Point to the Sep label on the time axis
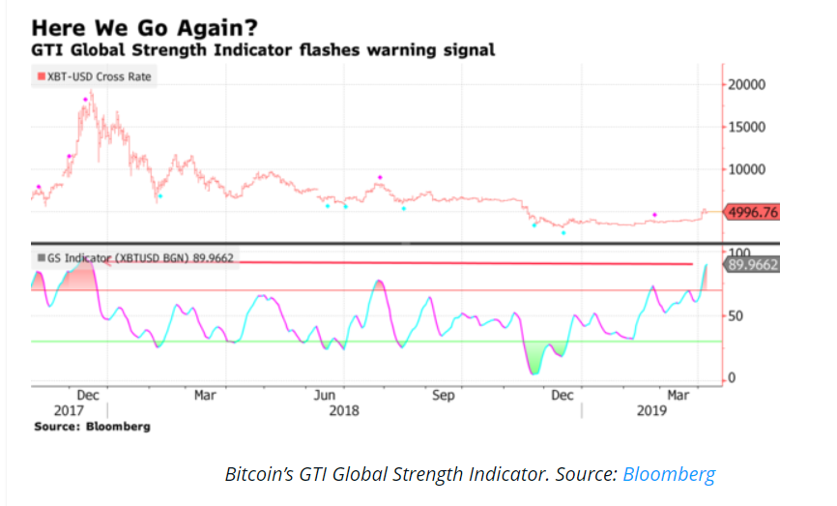point(443,395)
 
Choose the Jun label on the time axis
point(325,395)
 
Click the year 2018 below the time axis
point(343,410)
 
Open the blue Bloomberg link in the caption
point(669,474)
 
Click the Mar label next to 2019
point(679,395)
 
